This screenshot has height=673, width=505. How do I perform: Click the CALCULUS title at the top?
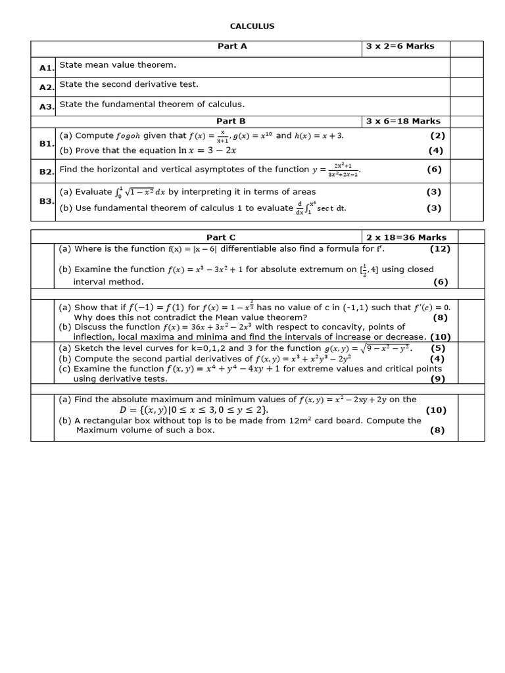pos(252,26)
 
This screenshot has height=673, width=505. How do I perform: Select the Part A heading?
pos(232,46)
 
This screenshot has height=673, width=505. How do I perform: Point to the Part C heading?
pos(221,237)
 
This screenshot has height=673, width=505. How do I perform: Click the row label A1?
pos(45,68)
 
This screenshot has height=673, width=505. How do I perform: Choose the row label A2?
pos(45,87)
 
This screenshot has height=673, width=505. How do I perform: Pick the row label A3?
pos(45,107)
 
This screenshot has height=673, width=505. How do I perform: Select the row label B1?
pos(45,143)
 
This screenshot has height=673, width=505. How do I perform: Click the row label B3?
pos(45,201)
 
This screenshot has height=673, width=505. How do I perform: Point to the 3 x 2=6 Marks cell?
pos(400,46)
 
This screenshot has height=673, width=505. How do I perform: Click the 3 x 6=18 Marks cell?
pos(403,121)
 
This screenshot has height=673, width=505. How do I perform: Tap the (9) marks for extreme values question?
pos(437,379)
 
